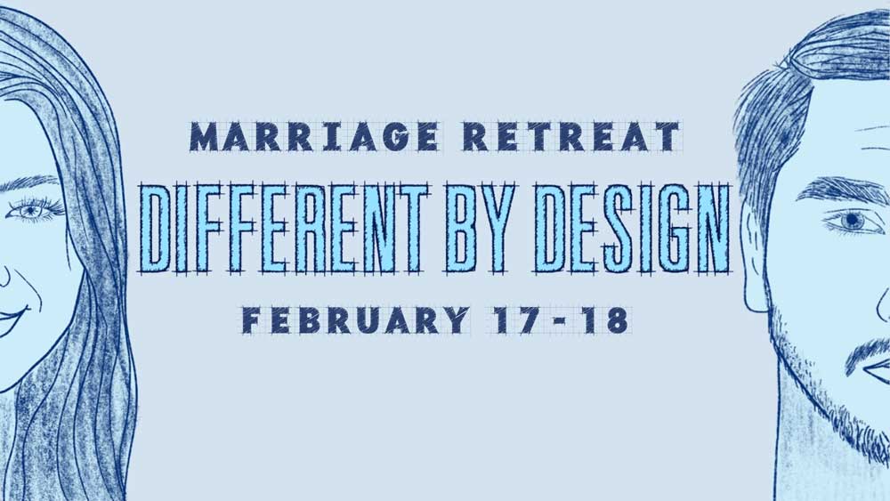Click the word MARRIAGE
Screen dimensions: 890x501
click(x=314, y=137)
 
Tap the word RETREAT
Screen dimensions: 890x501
click(x=571, y=137)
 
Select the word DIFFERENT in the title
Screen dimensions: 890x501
click(x=284, y=227)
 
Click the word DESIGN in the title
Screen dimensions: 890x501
click(x=632, y=227)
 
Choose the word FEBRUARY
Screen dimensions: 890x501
click(x=355, y=320)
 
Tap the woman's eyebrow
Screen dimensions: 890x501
click(x=29, y=184)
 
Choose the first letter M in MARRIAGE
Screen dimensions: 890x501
click(x=205, y=137)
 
